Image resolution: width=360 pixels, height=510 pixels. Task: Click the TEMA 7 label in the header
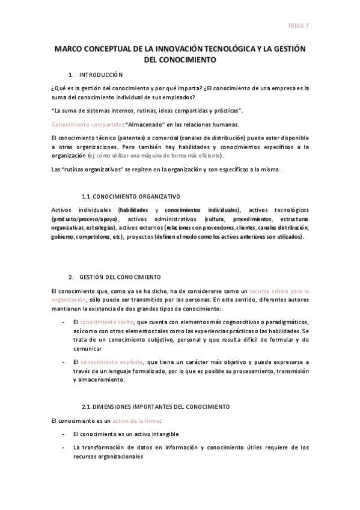pyautogui.click(x=299, y=26)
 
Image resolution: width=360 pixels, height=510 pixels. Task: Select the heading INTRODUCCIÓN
pyautogui.click(x=102, y=75)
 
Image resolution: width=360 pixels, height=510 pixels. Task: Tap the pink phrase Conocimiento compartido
pyautogui.click(x=79, y=124)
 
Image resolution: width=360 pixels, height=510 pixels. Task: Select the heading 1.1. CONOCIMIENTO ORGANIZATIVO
pyautogui.click(x=130, y=197)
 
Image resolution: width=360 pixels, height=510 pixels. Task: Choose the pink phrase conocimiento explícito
pyautogui.click(x=111, y=362)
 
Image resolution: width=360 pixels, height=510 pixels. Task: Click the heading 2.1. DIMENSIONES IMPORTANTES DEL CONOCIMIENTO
pyautogui.click(x=154, y=407)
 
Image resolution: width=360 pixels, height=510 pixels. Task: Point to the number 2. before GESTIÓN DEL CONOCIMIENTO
pyautogui.click(x=72, y=277)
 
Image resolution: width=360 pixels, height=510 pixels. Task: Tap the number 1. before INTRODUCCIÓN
pyautogui.click(x=72, y=75)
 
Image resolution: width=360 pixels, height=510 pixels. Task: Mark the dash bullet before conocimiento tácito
pyautogui.click(x=64, y=322)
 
